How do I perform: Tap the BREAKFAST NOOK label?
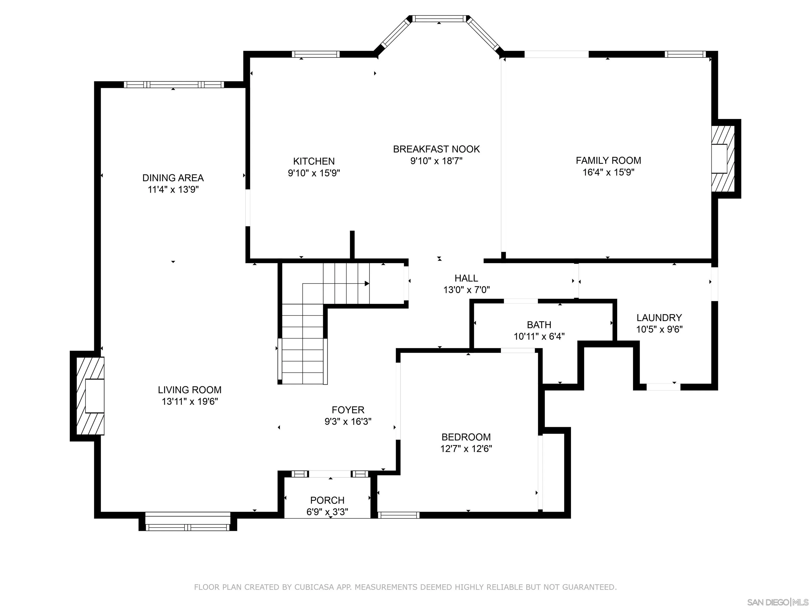click(436, 149)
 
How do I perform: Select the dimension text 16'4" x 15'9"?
click(608, 172)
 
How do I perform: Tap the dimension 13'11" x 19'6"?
click(190, 401)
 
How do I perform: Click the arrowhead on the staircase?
click(367, 283)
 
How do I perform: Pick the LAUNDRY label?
click(659, 318)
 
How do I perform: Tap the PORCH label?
click(327, 500)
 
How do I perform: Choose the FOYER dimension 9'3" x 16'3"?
click(348, 421)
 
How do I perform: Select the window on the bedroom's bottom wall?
click(399, 515)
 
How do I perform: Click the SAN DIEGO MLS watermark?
click(777, 602)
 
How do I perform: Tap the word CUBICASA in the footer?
click(314, 587)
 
